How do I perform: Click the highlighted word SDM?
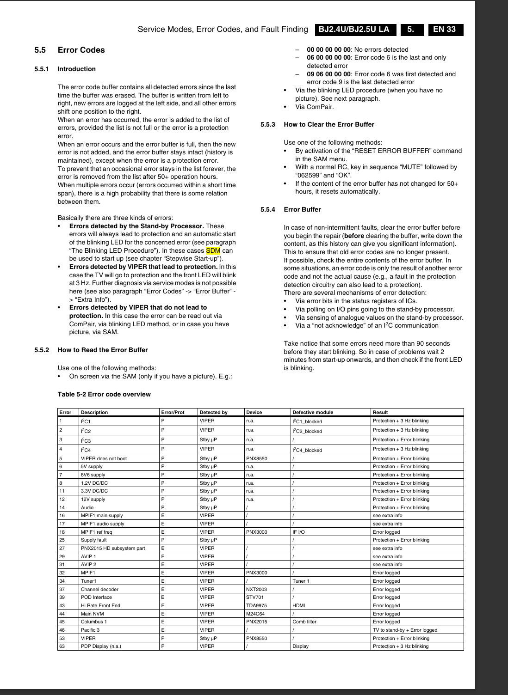pyautogui.click(x=213, y=250)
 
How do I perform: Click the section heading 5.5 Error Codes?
pyautogui.click(x=69, y=50)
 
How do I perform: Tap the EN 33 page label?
pyautogui.click(x=445, y=30)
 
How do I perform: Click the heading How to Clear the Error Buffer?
pyautogui.click(x=328, y=124)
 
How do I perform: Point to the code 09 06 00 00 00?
pyautogui.click(x=329, y=74)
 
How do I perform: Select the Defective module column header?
pyautogui.click(x=312, y=412)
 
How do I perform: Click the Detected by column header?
pyautogui.click(x=213, y=412)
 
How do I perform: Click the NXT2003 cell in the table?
pyautogui.click(x=256, y=589)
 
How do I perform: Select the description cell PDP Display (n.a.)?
pyautogui.click(x=101, y=646)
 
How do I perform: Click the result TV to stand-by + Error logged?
pyautogui.click(x=405, y=630)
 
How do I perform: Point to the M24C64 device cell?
pyautogui.click(x=256, y=614)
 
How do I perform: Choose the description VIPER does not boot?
pyautogui.click(x=104, y=458)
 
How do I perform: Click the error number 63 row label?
pyautogui.click(x=62, y=646)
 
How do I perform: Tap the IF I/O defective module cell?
pyautogui.click(x=298, y=532)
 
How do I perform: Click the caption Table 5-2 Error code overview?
pyautogui.click(x=104, y=394)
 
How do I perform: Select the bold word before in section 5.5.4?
pyautogui.click(x=354, y=236)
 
